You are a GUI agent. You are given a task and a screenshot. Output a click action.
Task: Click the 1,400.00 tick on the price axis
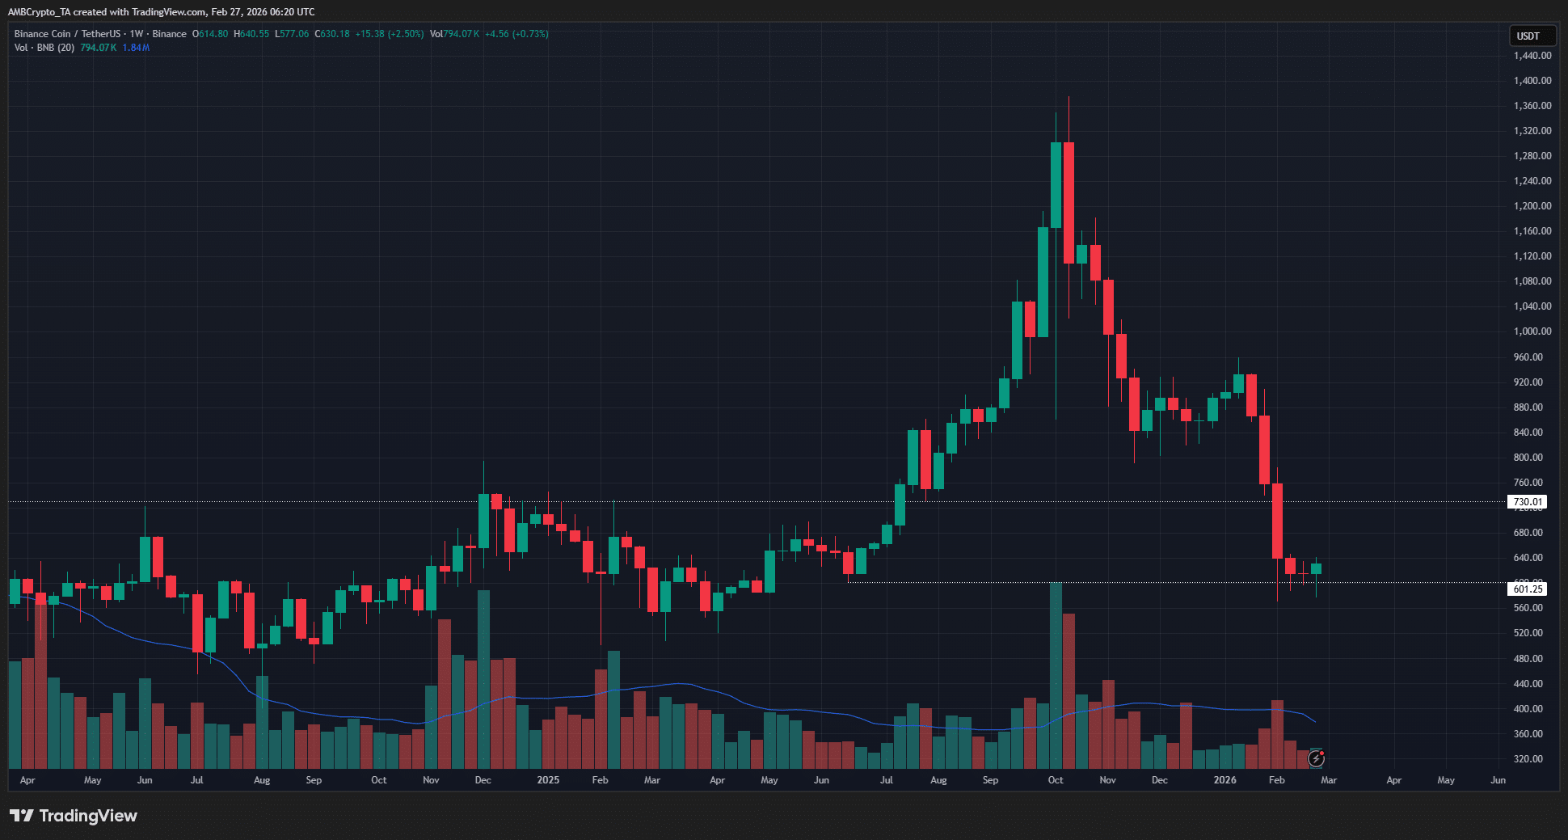coord(1532,81)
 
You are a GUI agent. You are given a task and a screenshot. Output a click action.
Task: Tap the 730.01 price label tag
coord(1527,502)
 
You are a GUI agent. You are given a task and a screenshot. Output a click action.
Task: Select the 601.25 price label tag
coord(1527,589)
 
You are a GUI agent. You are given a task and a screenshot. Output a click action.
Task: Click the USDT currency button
coord(1528,36)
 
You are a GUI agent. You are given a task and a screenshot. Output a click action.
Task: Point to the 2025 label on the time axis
coord(548,780)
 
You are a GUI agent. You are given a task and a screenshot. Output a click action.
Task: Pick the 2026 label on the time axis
coord(1224,780)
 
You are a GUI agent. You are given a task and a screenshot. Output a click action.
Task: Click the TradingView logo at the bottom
coord(74,816)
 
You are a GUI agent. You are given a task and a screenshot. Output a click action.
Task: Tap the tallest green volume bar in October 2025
coord(1056,675)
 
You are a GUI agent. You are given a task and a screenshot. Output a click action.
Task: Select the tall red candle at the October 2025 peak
coord(1069,202)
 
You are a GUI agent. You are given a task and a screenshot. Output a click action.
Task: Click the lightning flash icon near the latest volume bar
coord(1316,758)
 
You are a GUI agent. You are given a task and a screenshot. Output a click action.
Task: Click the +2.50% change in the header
coord(406,34)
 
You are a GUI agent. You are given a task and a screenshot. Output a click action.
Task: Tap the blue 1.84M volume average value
coord(136,48)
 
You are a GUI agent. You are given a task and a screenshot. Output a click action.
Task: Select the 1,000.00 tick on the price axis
coord(1532,331)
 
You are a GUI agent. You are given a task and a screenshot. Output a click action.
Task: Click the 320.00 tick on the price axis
coord(1528,759)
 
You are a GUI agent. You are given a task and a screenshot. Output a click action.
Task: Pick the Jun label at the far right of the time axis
coord(1498,780)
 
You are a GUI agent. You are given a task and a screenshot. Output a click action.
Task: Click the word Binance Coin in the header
coord(42,34)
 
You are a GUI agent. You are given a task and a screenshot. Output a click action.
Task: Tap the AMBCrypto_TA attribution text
coord(40,12)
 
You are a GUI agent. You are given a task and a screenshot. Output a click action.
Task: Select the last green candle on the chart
coord(1317,569)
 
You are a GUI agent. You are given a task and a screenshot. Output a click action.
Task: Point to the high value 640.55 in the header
coord(254,34)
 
